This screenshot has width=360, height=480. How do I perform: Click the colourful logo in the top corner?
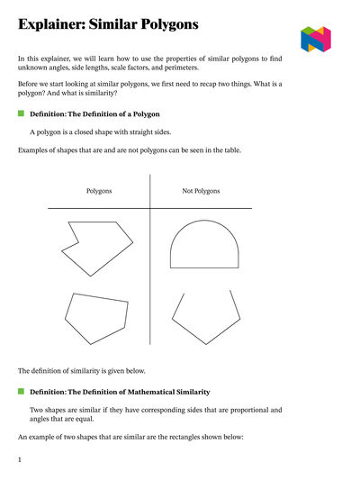[315, 39]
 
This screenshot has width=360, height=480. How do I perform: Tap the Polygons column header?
[99, 191]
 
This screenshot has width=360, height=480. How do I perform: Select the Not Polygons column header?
[201, 191]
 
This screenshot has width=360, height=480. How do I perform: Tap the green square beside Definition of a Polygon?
[21, 115]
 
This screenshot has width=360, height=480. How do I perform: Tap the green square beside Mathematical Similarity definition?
[21, 392]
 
